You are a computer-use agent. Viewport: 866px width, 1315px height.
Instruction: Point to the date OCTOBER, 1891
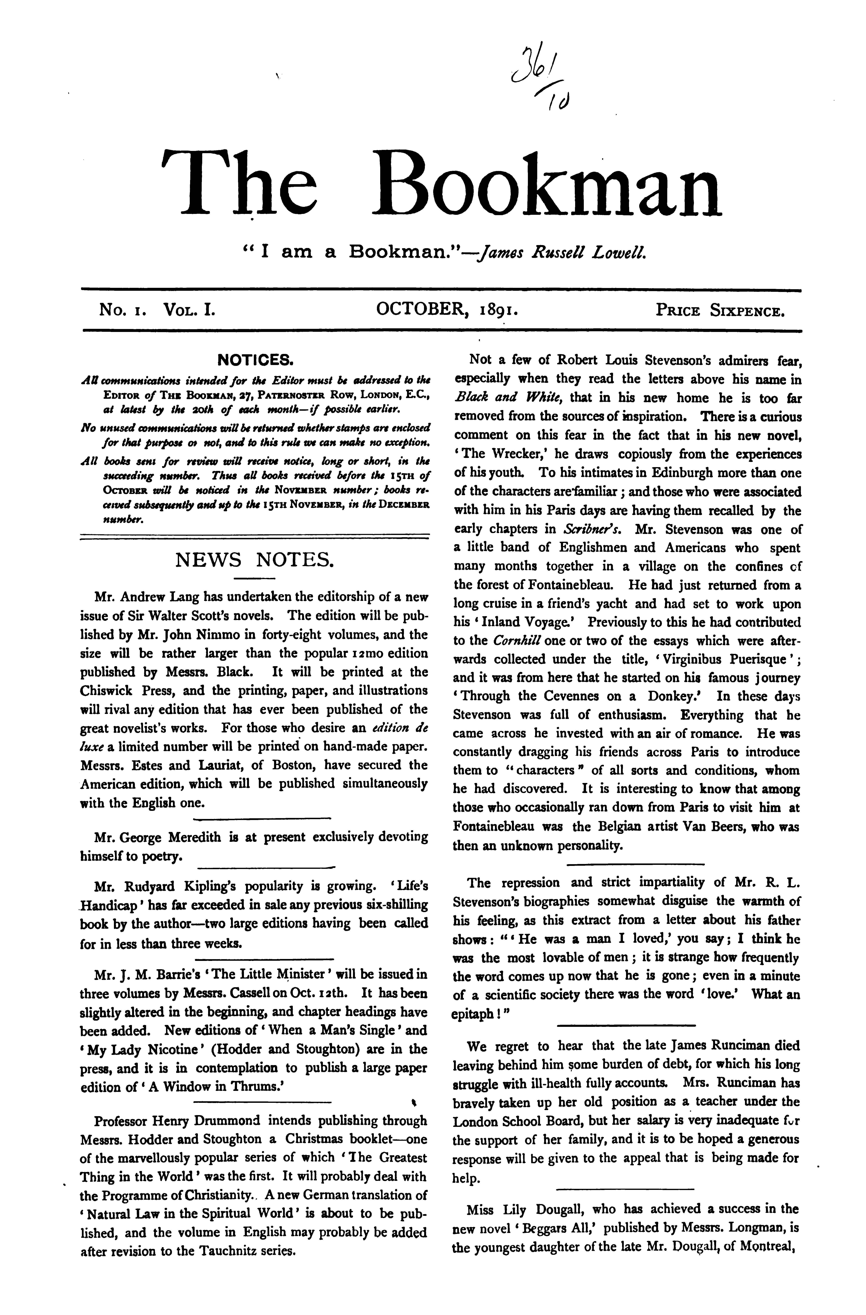(x=447, y=309)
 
